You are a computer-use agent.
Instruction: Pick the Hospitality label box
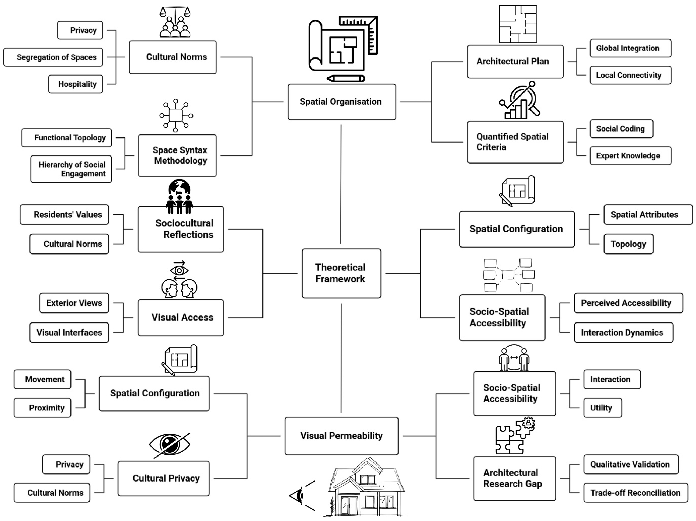76,84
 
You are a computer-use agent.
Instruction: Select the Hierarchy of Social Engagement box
71,169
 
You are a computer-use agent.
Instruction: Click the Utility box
603,408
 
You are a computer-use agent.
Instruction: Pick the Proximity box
42,408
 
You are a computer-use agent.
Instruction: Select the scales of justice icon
175,22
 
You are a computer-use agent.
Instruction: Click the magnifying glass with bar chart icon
519,100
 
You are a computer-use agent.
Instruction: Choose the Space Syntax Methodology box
177,155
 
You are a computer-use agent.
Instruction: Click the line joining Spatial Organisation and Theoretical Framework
341,184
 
